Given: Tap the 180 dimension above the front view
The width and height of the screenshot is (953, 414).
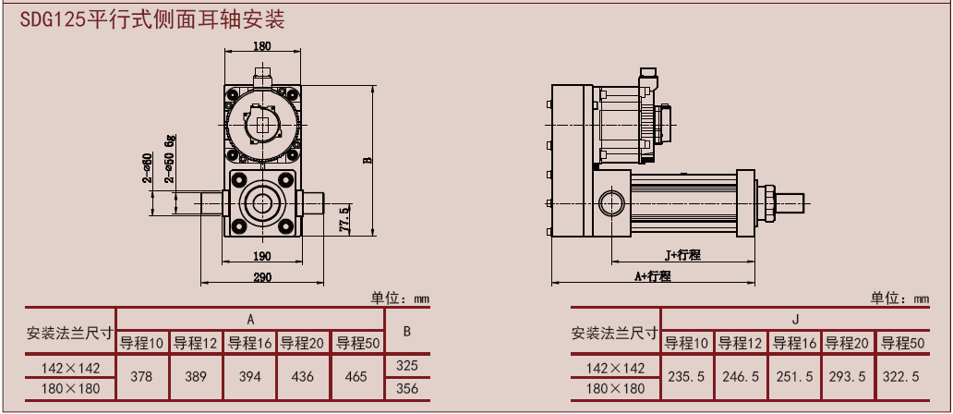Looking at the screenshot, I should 262,46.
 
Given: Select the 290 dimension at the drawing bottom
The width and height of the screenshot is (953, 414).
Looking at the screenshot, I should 262,276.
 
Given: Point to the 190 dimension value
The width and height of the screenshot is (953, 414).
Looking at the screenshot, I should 262,256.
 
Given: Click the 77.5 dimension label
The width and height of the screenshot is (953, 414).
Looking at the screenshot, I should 345,222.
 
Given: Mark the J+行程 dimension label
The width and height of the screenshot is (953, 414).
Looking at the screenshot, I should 683,254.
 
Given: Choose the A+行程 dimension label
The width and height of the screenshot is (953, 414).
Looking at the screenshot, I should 652,276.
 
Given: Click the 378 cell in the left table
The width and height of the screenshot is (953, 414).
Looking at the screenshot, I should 142,377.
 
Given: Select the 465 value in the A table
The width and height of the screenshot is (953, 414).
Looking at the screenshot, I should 356,377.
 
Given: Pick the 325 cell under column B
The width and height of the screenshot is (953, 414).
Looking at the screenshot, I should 407,366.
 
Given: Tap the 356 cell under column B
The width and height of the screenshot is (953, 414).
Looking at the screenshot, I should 407,389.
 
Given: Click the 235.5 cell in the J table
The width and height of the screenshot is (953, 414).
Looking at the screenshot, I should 687,377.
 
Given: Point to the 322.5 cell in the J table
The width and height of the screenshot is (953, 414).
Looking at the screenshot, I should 902,377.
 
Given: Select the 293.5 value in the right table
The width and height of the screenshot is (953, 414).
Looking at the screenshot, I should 848,377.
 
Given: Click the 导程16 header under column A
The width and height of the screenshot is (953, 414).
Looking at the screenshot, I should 250,343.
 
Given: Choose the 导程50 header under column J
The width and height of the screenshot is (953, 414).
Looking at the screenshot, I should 902,343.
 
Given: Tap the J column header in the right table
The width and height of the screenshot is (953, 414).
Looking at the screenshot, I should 794,320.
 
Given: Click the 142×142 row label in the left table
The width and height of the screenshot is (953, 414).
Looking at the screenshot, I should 70,367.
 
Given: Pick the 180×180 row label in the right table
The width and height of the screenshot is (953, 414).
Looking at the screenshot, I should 615,389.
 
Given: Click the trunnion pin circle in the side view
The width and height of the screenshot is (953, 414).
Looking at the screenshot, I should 610,202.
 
